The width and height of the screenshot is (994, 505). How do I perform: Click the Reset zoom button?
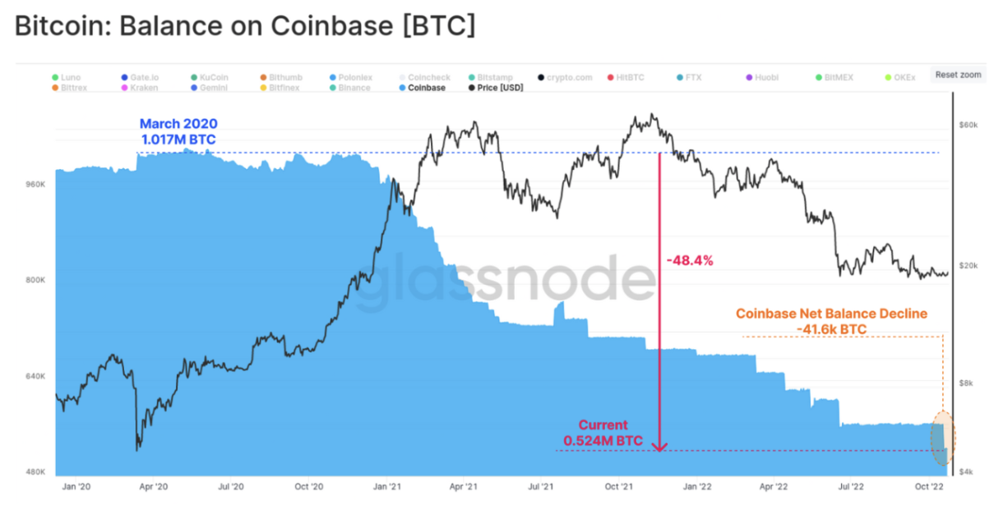958,75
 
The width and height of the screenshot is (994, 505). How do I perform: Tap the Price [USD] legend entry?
495,87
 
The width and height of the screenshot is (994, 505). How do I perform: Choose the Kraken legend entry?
139,87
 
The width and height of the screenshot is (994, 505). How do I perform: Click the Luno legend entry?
66,77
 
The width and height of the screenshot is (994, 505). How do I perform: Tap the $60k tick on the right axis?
968,125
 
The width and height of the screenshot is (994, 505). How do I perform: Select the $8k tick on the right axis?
968,383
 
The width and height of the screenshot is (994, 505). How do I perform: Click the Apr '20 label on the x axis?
153,485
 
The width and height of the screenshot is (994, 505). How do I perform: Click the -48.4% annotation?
689,260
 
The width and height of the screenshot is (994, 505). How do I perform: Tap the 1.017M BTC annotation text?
178,140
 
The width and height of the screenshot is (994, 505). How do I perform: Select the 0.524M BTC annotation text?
603,441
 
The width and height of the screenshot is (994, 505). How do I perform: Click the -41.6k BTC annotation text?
831,329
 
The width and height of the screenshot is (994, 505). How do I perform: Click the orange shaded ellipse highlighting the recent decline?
942,439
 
